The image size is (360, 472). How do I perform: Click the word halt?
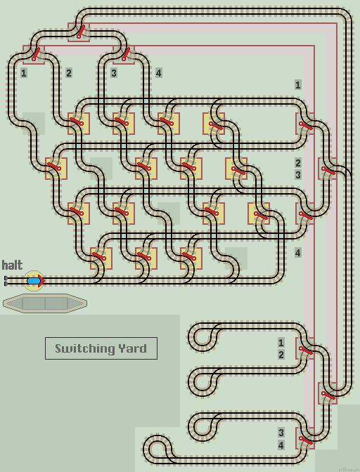pyautogui.click(x=12, y=265)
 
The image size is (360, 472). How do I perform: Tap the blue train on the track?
pyautogui.click(x=33, y=281)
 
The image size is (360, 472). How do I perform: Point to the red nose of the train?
pyautogui.click(x=41, y=281)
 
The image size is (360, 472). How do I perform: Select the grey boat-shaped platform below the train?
pyautogui.click(x=45, y=303)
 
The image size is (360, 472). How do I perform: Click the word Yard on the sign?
pyautogui.click(x=134, y=348)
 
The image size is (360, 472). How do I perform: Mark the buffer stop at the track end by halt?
pyautogui.click(x=6, y=281)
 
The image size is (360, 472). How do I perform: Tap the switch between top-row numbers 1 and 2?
pyautogui.click(x=34, y=53)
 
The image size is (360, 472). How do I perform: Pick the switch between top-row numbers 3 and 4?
pyautogui.click(x=124, y=53)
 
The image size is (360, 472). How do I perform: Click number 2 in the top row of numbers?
pyautogui.click(x=69, y=72)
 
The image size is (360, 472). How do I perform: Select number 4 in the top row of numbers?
pyautogui.click(x=159, y=72)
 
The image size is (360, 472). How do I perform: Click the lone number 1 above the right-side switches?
pyautogui.click(x=298, y=84)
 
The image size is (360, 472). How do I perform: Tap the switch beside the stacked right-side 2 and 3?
pyautogui.click(x=326, y=169)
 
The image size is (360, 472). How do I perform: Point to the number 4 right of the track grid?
pyautogui.click(x=298, y=253)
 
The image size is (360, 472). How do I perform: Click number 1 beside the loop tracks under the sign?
pyautogui.click(x=281, y=343)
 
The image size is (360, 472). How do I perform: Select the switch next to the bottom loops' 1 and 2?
pyautogui.click(x=304, y=348)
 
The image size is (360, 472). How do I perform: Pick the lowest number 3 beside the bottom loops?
pyautogui.click(x=281, y=433)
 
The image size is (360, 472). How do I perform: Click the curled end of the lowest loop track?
pyautogui.click(x=154, y=449)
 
